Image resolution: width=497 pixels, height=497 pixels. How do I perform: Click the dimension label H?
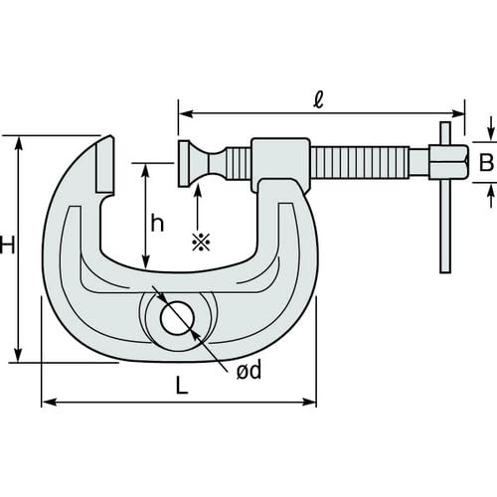tap(7, 245)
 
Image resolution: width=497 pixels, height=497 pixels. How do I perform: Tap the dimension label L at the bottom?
tap(181, 387)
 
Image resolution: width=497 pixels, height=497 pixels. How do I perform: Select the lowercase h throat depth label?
tap(157, 223)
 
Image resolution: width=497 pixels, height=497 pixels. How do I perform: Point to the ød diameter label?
tap(248, 371)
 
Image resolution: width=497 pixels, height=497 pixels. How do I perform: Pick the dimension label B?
tap(486, 163)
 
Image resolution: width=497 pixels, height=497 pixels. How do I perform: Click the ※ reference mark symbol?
tap(199, 241)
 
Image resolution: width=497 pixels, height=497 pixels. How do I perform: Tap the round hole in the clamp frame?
tap(177, 318)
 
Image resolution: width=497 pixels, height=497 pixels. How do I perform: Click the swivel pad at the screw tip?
tap(186, 163)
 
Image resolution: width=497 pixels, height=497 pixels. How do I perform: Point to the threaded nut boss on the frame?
tap(281, 165)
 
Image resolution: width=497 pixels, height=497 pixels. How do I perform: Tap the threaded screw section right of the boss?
tap(360, 162)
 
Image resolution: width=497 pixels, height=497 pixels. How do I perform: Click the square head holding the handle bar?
tap(448, 162)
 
